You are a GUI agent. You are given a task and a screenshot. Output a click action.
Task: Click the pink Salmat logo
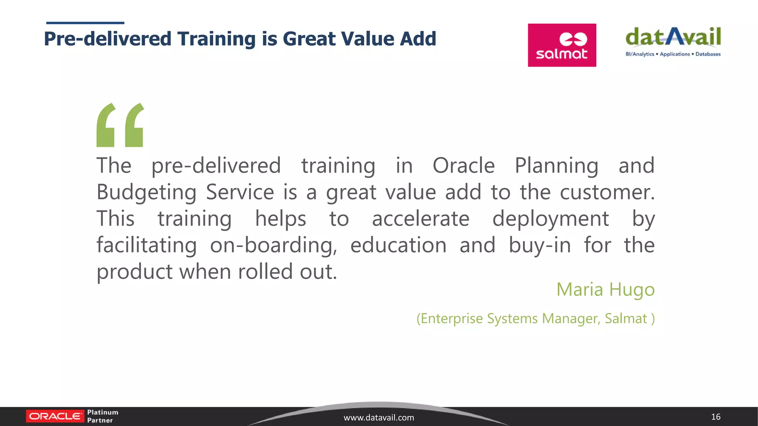562,45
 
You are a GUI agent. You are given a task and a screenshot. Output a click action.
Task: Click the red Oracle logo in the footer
55,416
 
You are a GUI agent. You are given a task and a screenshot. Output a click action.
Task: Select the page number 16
715,417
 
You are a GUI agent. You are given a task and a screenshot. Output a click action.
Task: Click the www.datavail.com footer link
379,417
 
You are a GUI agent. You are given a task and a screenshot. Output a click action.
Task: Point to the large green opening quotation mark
120,125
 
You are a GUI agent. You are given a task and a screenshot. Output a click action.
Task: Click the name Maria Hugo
606,289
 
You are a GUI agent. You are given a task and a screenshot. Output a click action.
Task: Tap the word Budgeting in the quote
146,192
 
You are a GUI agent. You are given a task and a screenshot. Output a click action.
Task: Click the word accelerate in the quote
420,219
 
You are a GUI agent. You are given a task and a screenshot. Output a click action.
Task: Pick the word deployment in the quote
550,219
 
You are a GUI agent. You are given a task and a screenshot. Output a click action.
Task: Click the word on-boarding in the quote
274,246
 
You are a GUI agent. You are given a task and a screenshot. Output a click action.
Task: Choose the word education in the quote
398,245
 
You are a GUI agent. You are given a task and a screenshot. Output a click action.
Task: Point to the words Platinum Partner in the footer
103,416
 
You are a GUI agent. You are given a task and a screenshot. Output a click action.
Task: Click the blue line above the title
85,23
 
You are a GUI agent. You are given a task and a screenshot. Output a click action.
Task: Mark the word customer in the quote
607,192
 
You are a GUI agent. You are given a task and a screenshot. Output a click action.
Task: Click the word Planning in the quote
556,166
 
